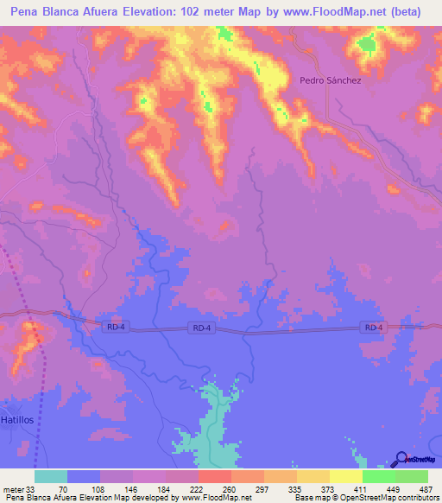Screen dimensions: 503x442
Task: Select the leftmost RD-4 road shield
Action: [112, 326]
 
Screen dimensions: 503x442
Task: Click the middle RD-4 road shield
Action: [200, 328]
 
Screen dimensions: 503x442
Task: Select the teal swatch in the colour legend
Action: [51, 476]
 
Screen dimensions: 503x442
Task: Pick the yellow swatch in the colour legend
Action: [346, 476]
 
